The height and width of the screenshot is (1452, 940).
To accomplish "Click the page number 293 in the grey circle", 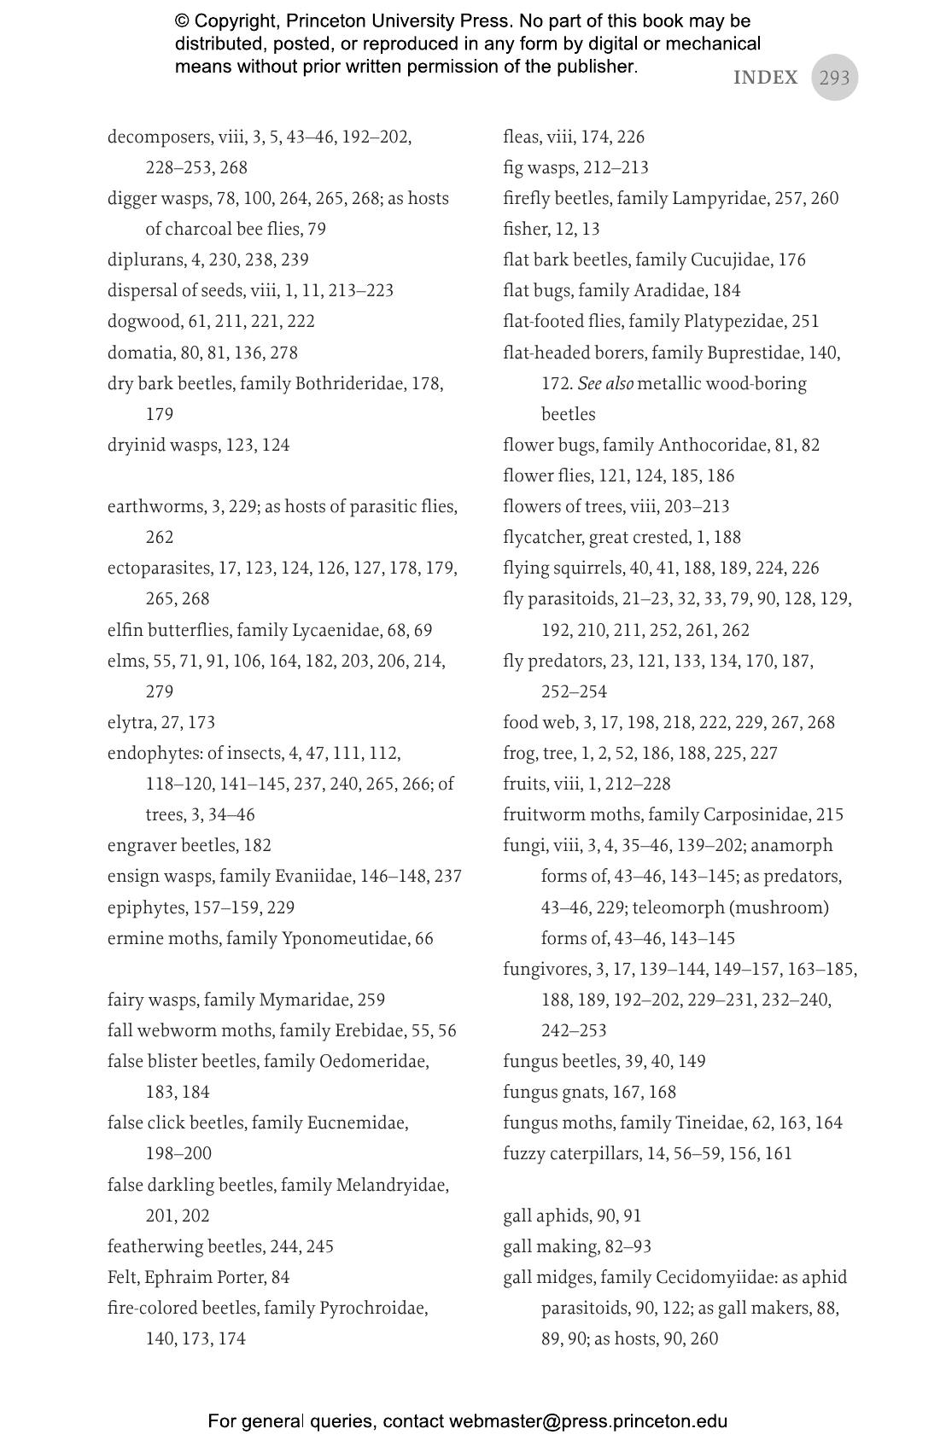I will (x=834, y=78).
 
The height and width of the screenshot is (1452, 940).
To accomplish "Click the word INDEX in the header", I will (x=765, y=78).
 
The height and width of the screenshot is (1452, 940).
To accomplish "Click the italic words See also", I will (x=605, y=383).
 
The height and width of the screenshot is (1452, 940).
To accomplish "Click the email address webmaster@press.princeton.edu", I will (x=588, y=1421).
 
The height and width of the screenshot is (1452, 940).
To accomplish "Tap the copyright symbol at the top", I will (x=182, y=20).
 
